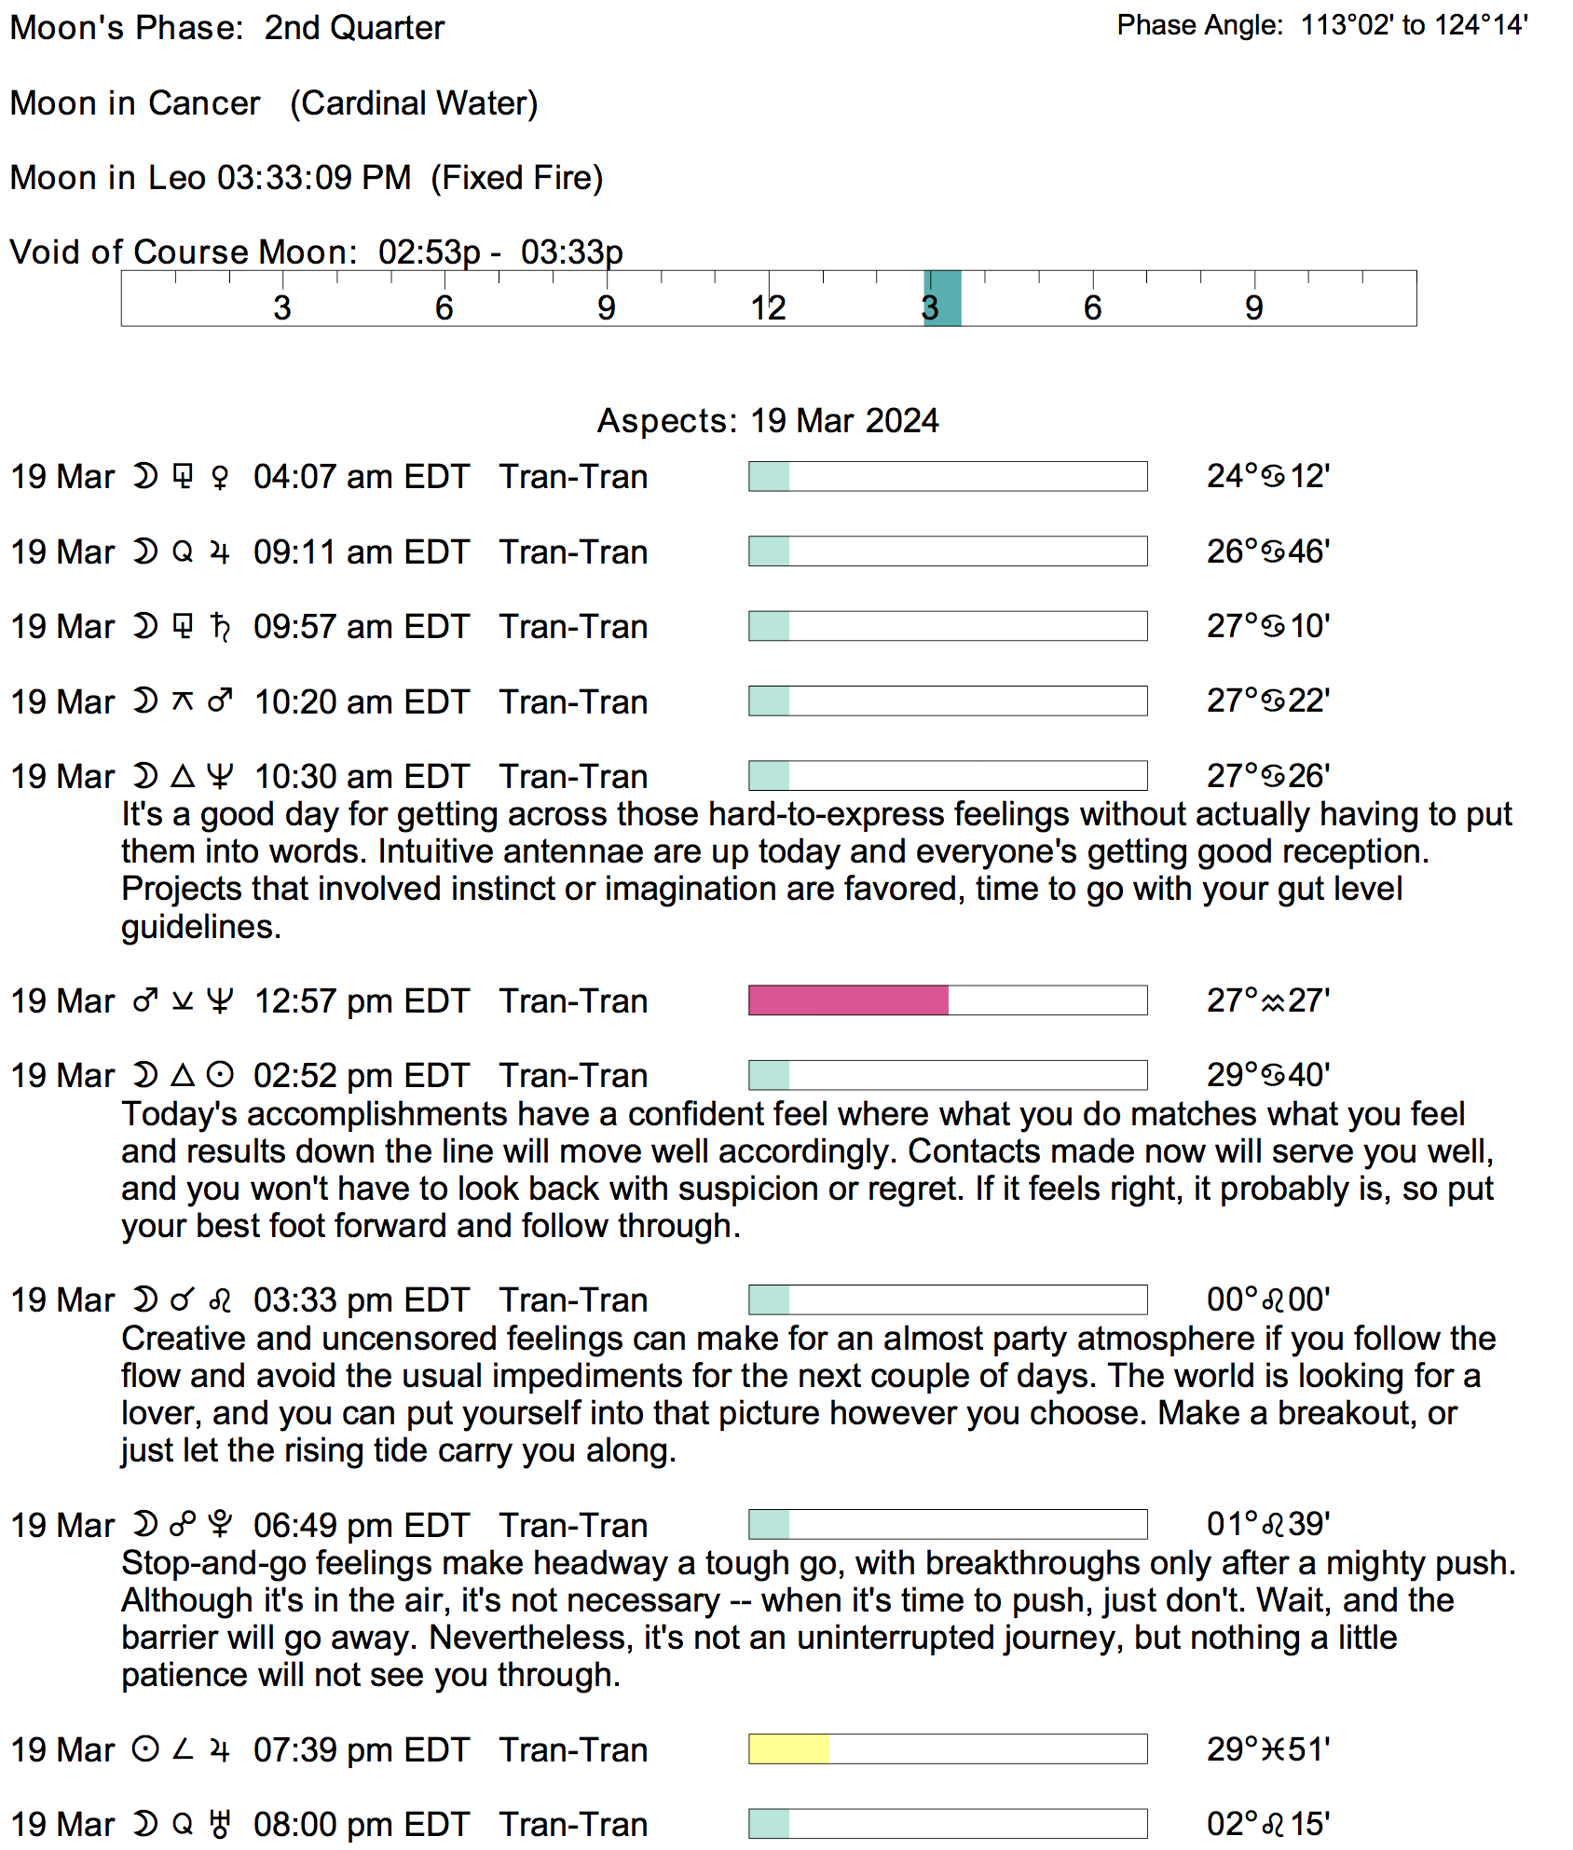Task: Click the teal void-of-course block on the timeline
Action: [x=942, y=298]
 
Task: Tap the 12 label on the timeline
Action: [x=769, y=307]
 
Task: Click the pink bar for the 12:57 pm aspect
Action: [x=848, y=1000]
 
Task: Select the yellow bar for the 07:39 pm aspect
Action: [x=788, y=1748]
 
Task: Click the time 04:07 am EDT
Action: [x=362, y=477]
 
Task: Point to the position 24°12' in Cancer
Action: [x=1268, y=477]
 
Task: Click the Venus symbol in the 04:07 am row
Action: [x=220, y=478]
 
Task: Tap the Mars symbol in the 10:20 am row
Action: [x=220, y=701]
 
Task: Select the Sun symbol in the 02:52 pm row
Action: [x=220, y=1076]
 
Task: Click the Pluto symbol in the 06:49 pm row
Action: [x=220, y=1525]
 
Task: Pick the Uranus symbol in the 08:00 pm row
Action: [x=220, y=1824]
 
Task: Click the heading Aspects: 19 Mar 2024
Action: [x=768, y=421]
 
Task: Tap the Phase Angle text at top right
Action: [x=1322, y=25]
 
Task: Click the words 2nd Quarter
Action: [x=354, y=28]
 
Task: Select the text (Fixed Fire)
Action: [x=517, y=178]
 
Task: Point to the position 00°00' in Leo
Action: [x=1268, y=1299]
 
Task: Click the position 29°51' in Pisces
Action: [x=1268, y=1749]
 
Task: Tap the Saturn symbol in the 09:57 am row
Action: [x=220, y=627]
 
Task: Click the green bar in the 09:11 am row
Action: [x=770, y=551]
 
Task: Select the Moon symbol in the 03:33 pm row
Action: [x=145, y=1299]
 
